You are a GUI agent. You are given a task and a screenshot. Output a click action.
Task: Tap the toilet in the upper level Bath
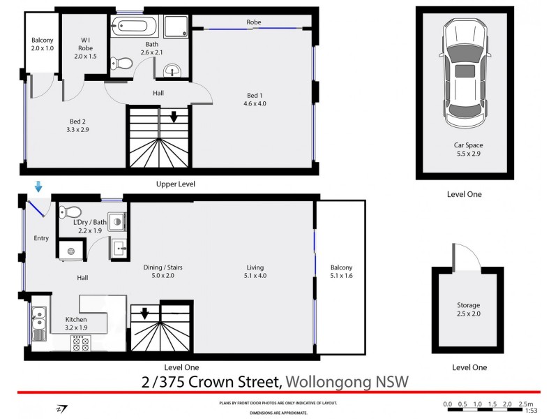[122, 63]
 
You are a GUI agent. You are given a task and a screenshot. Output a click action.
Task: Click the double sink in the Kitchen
[38, 323]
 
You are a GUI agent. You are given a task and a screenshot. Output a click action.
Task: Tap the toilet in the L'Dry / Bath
[70, 212]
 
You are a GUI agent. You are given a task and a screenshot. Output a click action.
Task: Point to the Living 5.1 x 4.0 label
[256, 271]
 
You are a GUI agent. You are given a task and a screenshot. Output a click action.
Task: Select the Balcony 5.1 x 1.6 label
[342, 272]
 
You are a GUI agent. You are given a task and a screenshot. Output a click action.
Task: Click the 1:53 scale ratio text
[531, 411]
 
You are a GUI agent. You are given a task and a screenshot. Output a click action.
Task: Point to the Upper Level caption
[175, 184]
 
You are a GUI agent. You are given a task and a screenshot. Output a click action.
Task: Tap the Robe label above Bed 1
[253, 22]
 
